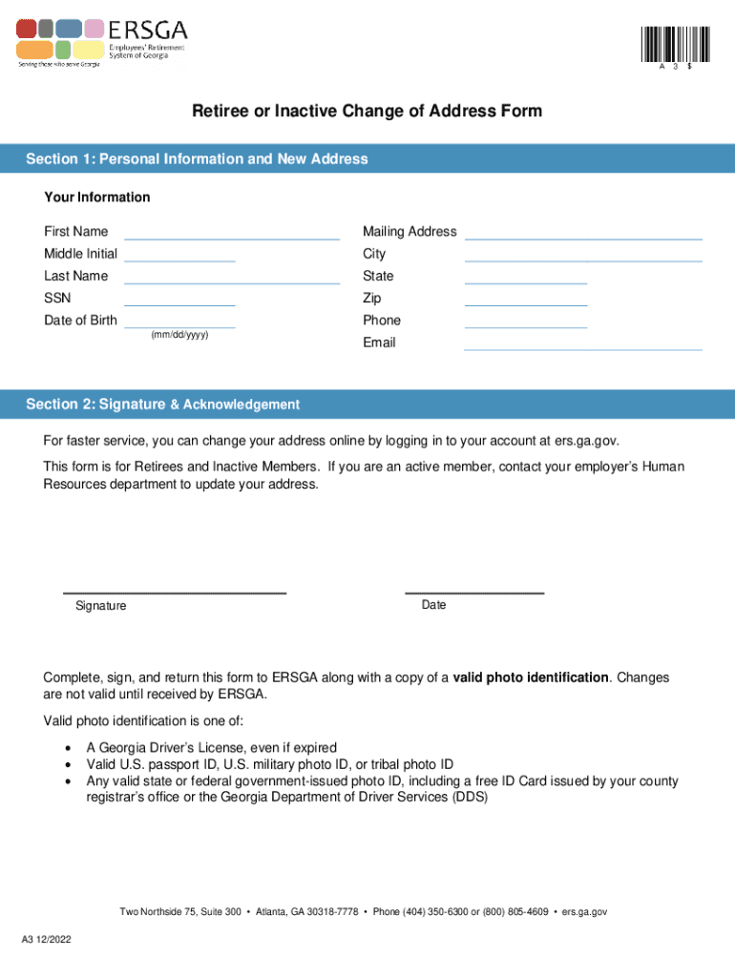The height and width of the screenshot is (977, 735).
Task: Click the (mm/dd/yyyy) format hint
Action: [x=179, y=335]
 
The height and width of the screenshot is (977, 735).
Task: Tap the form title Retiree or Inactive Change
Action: [x=367, y=112]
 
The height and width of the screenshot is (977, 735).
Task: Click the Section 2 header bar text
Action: [x=162, y=405]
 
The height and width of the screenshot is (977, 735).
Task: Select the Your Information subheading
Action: [x=96, y=197]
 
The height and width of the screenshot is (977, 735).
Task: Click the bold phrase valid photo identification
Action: [x=531, y=677]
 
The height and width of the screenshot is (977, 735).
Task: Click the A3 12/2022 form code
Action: [x=47, y=940]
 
